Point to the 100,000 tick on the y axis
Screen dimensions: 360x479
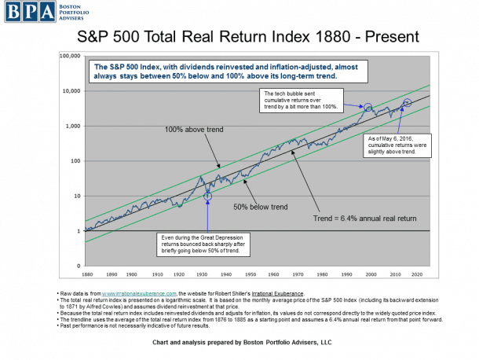tap(71, 56)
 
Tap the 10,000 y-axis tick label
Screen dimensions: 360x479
tap(72, 91)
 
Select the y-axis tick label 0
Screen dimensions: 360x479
tap(79, 266)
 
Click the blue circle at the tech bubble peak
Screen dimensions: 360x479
tap(367, 106)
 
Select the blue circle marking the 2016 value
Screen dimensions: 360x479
tap(407, 103)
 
